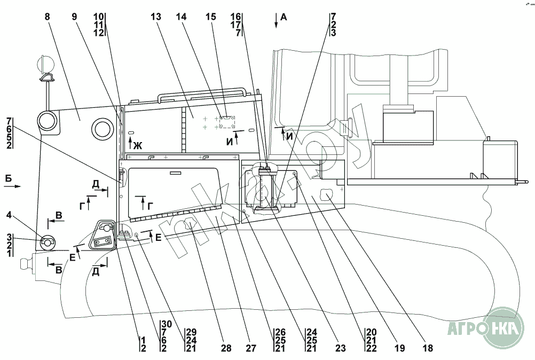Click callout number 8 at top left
[48, 17]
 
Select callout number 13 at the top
[156, 17]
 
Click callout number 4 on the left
[9, 215]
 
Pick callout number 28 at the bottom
[227, 348]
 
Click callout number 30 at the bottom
[166, 324]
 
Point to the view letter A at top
[284, 17]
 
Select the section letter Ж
[138, 145]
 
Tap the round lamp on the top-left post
[46, 65]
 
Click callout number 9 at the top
[75, 17]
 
